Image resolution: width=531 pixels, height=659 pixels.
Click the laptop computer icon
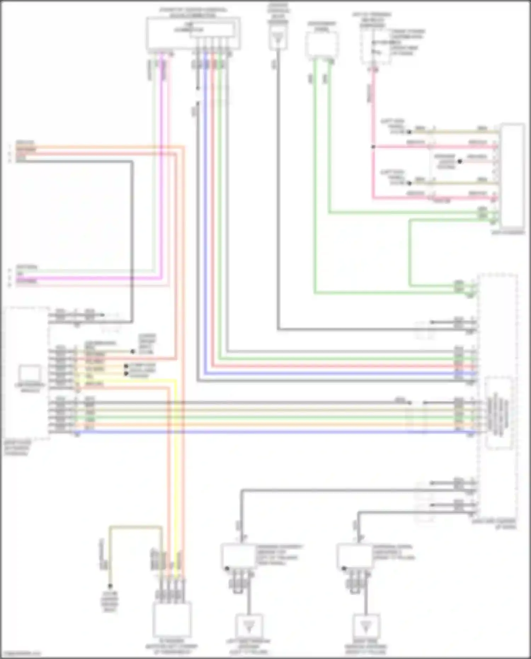click(x=30, y=373)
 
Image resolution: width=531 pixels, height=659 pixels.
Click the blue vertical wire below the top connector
click(x=206, y=212)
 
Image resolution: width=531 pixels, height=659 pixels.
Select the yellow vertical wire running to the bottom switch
click(x=175, y=460)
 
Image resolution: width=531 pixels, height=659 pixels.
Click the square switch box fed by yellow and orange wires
click(x=172, y=620)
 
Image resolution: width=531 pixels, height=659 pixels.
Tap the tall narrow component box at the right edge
click(x=513, y=175)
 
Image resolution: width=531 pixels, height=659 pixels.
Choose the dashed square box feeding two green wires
click(x=321, y=44)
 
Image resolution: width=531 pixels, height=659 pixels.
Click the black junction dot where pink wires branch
click(x=373, y=147)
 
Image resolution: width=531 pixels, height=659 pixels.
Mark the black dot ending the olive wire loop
click(x=110, y=586)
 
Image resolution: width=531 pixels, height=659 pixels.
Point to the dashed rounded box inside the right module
click(x=498, y=413)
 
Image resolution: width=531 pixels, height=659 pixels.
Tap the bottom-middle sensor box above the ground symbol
click(x=238, y=556)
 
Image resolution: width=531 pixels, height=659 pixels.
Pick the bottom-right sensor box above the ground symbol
click(x=354, y=556)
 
